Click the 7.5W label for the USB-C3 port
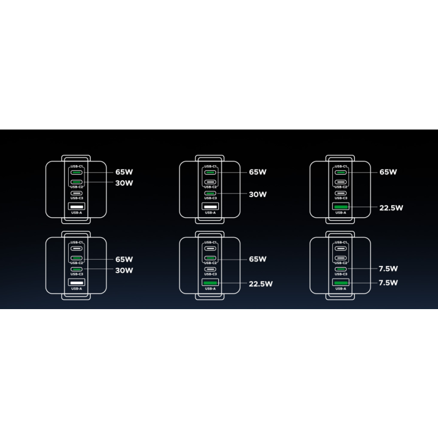tap(388, 269)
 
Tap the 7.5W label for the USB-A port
tap(388, 283)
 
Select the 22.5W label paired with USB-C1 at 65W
tap(391, 208)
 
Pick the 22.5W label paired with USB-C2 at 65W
tap(260, 283)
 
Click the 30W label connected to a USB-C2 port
tap(124, 183)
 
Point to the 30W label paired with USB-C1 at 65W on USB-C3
tap(257, 195)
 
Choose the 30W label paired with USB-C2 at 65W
tap(124, 270)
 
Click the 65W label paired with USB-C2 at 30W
tap(124, 171)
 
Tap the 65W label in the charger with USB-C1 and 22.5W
tap(388, 171)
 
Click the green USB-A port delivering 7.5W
tap(341, 283)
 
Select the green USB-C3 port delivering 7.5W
tap(341, 269)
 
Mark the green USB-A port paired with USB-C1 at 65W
tap(341, 207)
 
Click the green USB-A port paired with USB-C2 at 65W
tap(210, 283)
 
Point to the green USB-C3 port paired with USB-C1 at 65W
tap(210, 194)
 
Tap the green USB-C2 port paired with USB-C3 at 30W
tap(76, 258)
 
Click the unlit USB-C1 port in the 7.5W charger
tap(341, 247)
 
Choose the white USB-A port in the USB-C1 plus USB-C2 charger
tap(76, 207)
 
